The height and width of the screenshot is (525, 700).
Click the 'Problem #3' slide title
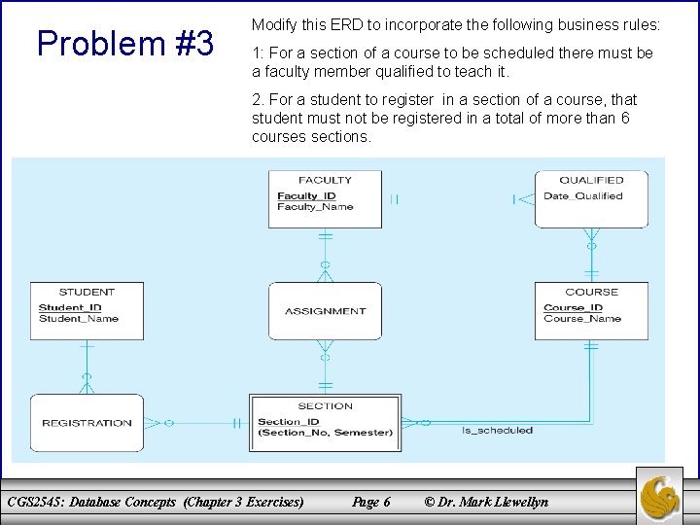[x=124, y=43]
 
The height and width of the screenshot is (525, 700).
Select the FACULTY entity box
[x=325, y=199]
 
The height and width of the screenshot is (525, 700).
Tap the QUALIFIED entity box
[x=591, y=199]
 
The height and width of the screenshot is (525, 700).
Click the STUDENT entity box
[x=87, y=311]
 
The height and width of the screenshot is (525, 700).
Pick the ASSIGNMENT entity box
[x=325, y=311]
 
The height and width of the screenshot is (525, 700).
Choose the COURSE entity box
[x=591, y=311]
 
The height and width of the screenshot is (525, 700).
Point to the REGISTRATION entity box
[x=87, y=423]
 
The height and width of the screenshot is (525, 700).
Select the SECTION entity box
[x=325, y=422]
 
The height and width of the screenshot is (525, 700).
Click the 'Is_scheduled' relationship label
[x=497, y=430]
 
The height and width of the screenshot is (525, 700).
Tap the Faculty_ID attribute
[x=305, y=196]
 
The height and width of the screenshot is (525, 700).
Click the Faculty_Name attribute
[x=315, y=207]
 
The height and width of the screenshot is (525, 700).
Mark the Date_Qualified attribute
[x=582, y=196]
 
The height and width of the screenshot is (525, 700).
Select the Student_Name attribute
[x=78, y=318]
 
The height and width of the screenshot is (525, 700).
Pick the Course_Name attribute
[x=582, y=319]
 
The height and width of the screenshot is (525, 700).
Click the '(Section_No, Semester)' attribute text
[x=325, y=433]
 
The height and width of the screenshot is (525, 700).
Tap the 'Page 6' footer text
[x=371, y=502]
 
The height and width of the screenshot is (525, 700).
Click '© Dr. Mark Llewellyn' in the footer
[x=486, y=502]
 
